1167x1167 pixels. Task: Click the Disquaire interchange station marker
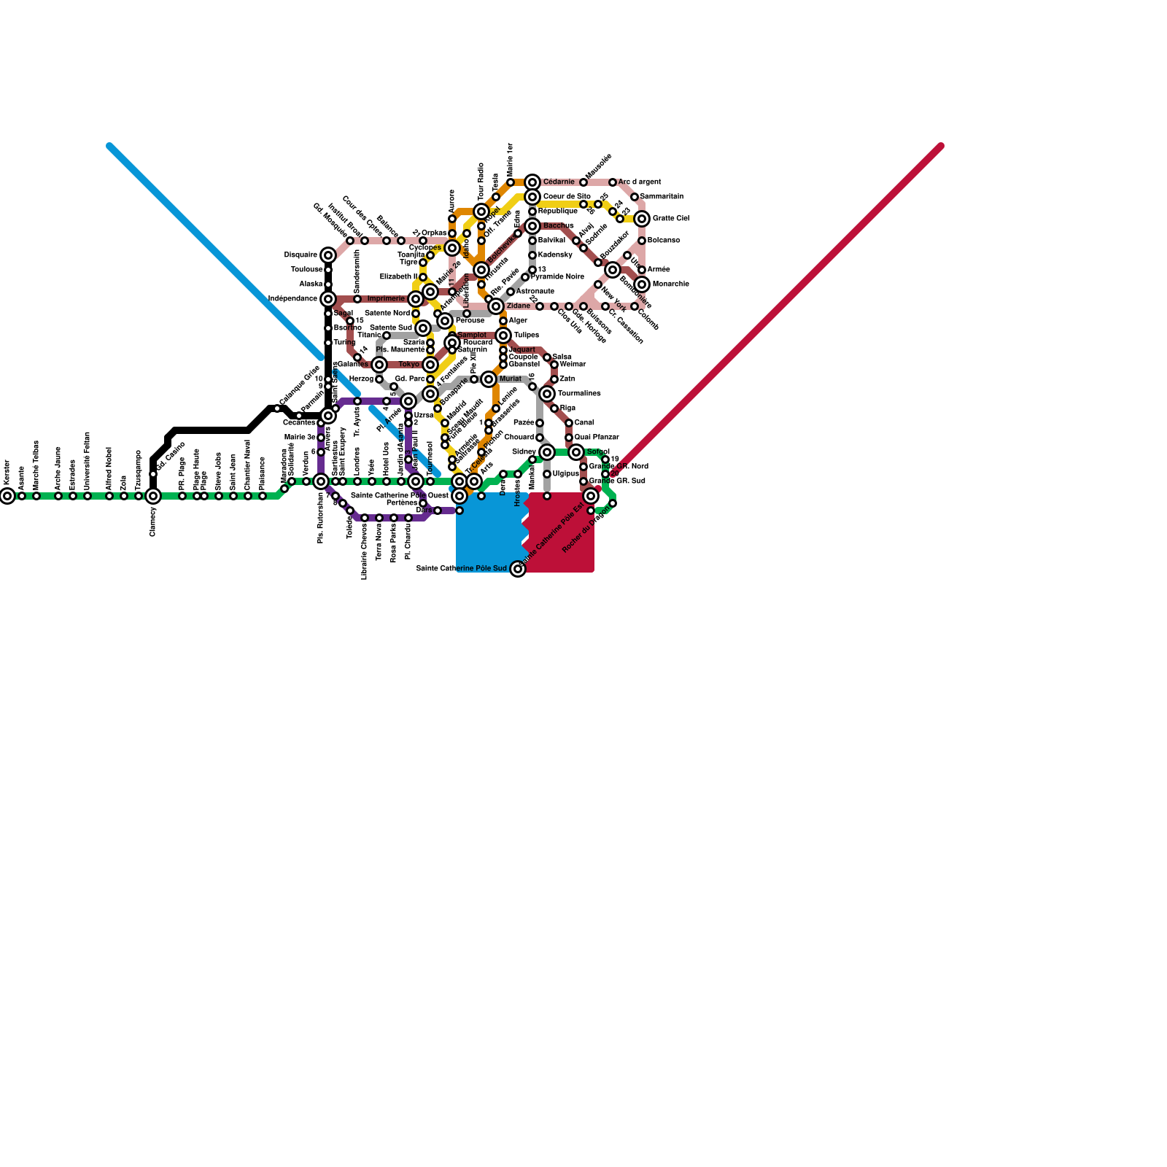tap(328, 255)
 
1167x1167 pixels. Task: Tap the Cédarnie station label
tap(559, 182)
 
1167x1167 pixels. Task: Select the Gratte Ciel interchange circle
tap(642, 219)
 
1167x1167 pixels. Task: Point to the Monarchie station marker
tap(642, 284)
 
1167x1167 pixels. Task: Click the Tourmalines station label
tap(579, 394)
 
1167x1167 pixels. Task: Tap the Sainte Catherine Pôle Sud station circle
tap(518, 569)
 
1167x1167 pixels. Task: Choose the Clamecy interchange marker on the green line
tap(153, 496)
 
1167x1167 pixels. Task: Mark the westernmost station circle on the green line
tap(7, 496)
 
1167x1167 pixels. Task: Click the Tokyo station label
tap(409, 365)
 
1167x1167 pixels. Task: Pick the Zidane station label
tap(518, 306)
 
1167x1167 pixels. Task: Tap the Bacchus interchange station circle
tap(532, 226)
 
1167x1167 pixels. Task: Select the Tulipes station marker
tap(503, 336)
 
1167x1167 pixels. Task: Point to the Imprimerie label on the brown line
tap(386, 299)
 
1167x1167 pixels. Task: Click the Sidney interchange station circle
tap(547, 452)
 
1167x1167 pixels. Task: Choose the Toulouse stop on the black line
tap(328, 270)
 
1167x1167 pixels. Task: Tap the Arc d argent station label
tap(640, 182)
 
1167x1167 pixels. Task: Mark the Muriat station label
tap(511, 379)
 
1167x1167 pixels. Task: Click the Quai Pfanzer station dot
tap(569, 438)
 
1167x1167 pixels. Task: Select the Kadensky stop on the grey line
tap(532, 255)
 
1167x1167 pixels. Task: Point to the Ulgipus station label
tap(566, 474)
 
